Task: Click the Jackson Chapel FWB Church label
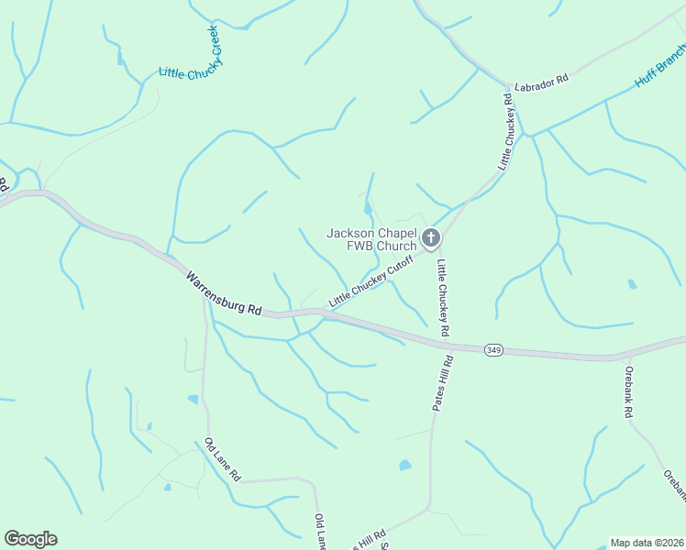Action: pyautogui.click(x=371, y=239)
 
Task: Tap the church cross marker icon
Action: pyautogui.click(x=432, y=240)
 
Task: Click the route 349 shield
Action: pyautogui.click(x=494, y=349)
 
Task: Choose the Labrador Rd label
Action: pyautogui.click(x=541, y=79)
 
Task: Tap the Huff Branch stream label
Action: pyautogui.click(x=659, y=70)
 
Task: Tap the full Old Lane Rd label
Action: pyautogui.click(x=223, y=459)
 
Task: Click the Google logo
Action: pyautogui.click(x=30, y=539)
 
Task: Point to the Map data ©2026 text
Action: pyautogui.click(x=646, y=542)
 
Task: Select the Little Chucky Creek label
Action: pyautogui.click(x=191, y=53)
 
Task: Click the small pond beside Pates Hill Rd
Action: pyautogui.click(x=404, y=466)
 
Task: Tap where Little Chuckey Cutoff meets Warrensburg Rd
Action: pyautogui.click(x=323, y=313)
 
